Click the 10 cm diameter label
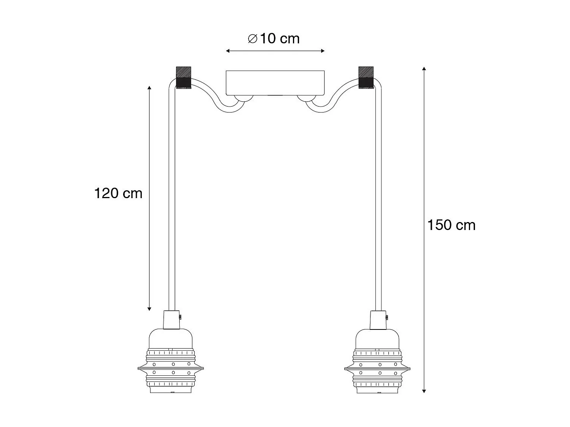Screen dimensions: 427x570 coord(274,39)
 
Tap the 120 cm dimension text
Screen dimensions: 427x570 coord(118,194)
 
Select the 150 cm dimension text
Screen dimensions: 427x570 coord(451,225)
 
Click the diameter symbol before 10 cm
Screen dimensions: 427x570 coord(253,39)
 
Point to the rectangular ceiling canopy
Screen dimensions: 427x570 coord(275,82)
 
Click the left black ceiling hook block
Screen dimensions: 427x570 coord(183,78)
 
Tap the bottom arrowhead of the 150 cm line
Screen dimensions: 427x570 coord(424,391)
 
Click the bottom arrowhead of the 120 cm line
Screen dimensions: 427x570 coord(149,309)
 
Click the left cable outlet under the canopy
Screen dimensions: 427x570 coord(243,99)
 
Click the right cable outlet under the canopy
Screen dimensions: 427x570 coord(306,99)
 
